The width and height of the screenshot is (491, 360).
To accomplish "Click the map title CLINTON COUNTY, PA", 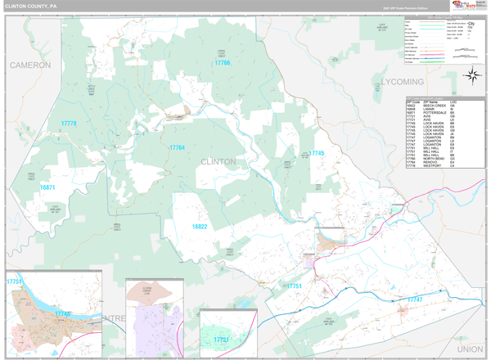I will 32,6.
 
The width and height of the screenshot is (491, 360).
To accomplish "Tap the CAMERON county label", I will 30,65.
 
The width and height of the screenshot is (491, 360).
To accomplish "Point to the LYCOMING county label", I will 402,83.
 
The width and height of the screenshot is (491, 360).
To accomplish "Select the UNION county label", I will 470,349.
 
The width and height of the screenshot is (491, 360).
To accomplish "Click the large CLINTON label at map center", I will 218,162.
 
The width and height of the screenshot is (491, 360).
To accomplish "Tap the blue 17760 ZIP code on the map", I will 222,63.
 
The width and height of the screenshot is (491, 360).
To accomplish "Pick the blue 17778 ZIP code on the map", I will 68,124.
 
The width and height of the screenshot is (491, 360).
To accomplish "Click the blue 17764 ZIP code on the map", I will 177,147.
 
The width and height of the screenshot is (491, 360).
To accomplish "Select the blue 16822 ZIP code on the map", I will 200,226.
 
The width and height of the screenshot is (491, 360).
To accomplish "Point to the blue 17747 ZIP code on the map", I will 415,299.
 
